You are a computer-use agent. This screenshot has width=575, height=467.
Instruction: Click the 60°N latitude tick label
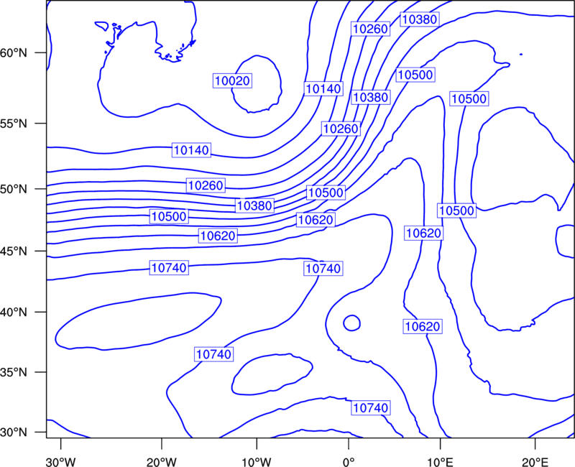tap(14, 53)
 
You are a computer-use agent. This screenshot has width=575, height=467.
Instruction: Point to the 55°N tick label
tap(14, 124)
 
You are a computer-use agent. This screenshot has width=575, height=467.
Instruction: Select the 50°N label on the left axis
tap(14, 190)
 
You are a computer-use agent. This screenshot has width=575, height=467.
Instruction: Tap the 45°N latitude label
tap(14, 251)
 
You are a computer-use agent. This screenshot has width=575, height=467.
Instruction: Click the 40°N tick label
tap(14, 313)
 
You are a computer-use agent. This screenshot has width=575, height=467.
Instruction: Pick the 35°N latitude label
tap(14, 372)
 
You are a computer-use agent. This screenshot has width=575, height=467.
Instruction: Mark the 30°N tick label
tap(14, 433)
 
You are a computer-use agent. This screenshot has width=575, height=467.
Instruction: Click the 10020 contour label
tap(232, 80)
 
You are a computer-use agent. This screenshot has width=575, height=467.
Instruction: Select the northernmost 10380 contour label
tap(420, 19)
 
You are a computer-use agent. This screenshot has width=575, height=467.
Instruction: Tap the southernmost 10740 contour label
tap(371, 407)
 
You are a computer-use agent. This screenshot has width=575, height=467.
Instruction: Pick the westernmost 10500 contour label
tap(169, 216)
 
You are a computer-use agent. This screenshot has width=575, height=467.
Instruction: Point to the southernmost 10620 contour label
tap(423, 326)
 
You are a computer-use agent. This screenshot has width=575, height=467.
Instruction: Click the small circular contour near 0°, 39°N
tap(351, 323)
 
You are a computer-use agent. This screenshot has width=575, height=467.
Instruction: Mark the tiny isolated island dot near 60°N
tap(520, 55)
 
